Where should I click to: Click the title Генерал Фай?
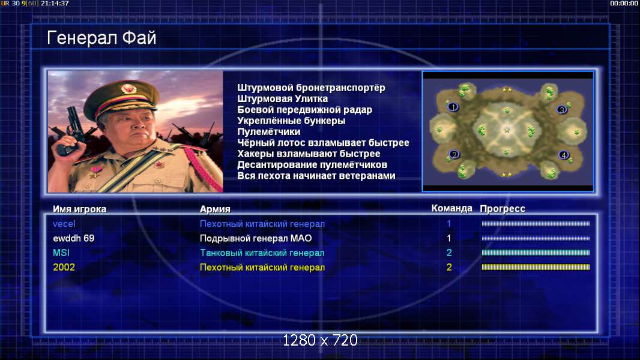pyautogui.click(x=101, y=38)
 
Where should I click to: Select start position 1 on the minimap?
pyautogui.click(x=453, y=107)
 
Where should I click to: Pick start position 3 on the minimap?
pyautogui.click(x=561, y=110)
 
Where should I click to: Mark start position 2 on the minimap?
pyautogui.click(x=454, y=155)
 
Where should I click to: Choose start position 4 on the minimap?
pyautogui.click(x=564, y=155)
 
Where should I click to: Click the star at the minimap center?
pyautogui.click(x=507, y=130)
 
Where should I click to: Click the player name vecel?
pyautogui.click(x=64, y=224)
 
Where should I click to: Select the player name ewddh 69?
pyautogui.click(x=73, y=238)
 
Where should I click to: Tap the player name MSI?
pyautogui.click(x=61, y=253)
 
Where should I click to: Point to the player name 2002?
pyautogui.click(x=64, y=268)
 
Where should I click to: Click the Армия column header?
pyautogui.click(x=215, y=209)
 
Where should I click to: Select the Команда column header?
pyautogui.click(x=452, y=208)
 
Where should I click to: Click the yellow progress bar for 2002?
pyautogui.click(x=536, y=267)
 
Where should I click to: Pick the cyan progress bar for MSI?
pyautogui.click(x=536, y=253)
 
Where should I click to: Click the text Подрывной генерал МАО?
pyautogui.click(x=256, y=238)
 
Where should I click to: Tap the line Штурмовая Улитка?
pyautogui.click(x=282, y=98)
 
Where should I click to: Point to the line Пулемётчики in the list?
pyautogui.click(x=269, y=131)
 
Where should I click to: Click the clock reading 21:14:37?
pyautogui.click(x=55, y=3)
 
